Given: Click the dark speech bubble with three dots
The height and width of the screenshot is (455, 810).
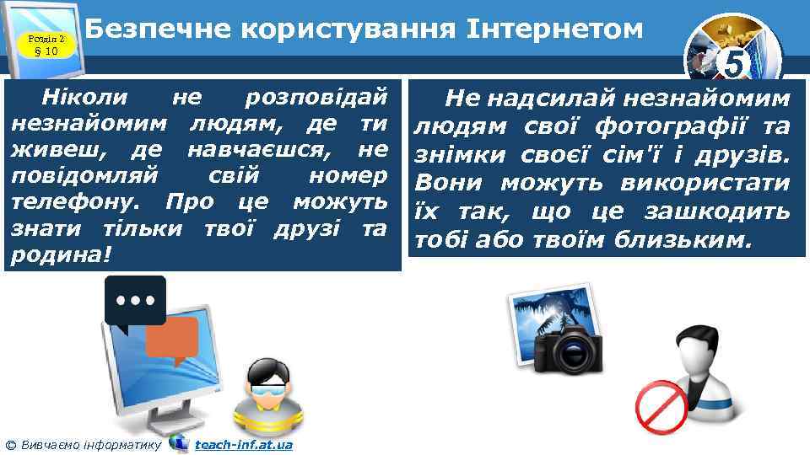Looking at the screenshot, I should [x=134, y=300].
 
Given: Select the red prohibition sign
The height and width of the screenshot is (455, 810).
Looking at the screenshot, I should [x=661, y=404].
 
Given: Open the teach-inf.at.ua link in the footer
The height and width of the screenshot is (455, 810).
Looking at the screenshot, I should [x=243, y=444].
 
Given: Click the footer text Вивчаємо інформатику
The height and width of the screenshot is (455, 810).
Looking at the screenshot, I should [x=90, y=444].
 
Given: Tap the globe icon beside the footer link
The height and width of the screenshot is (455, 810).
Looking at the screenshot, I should [x=178, y=443].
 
